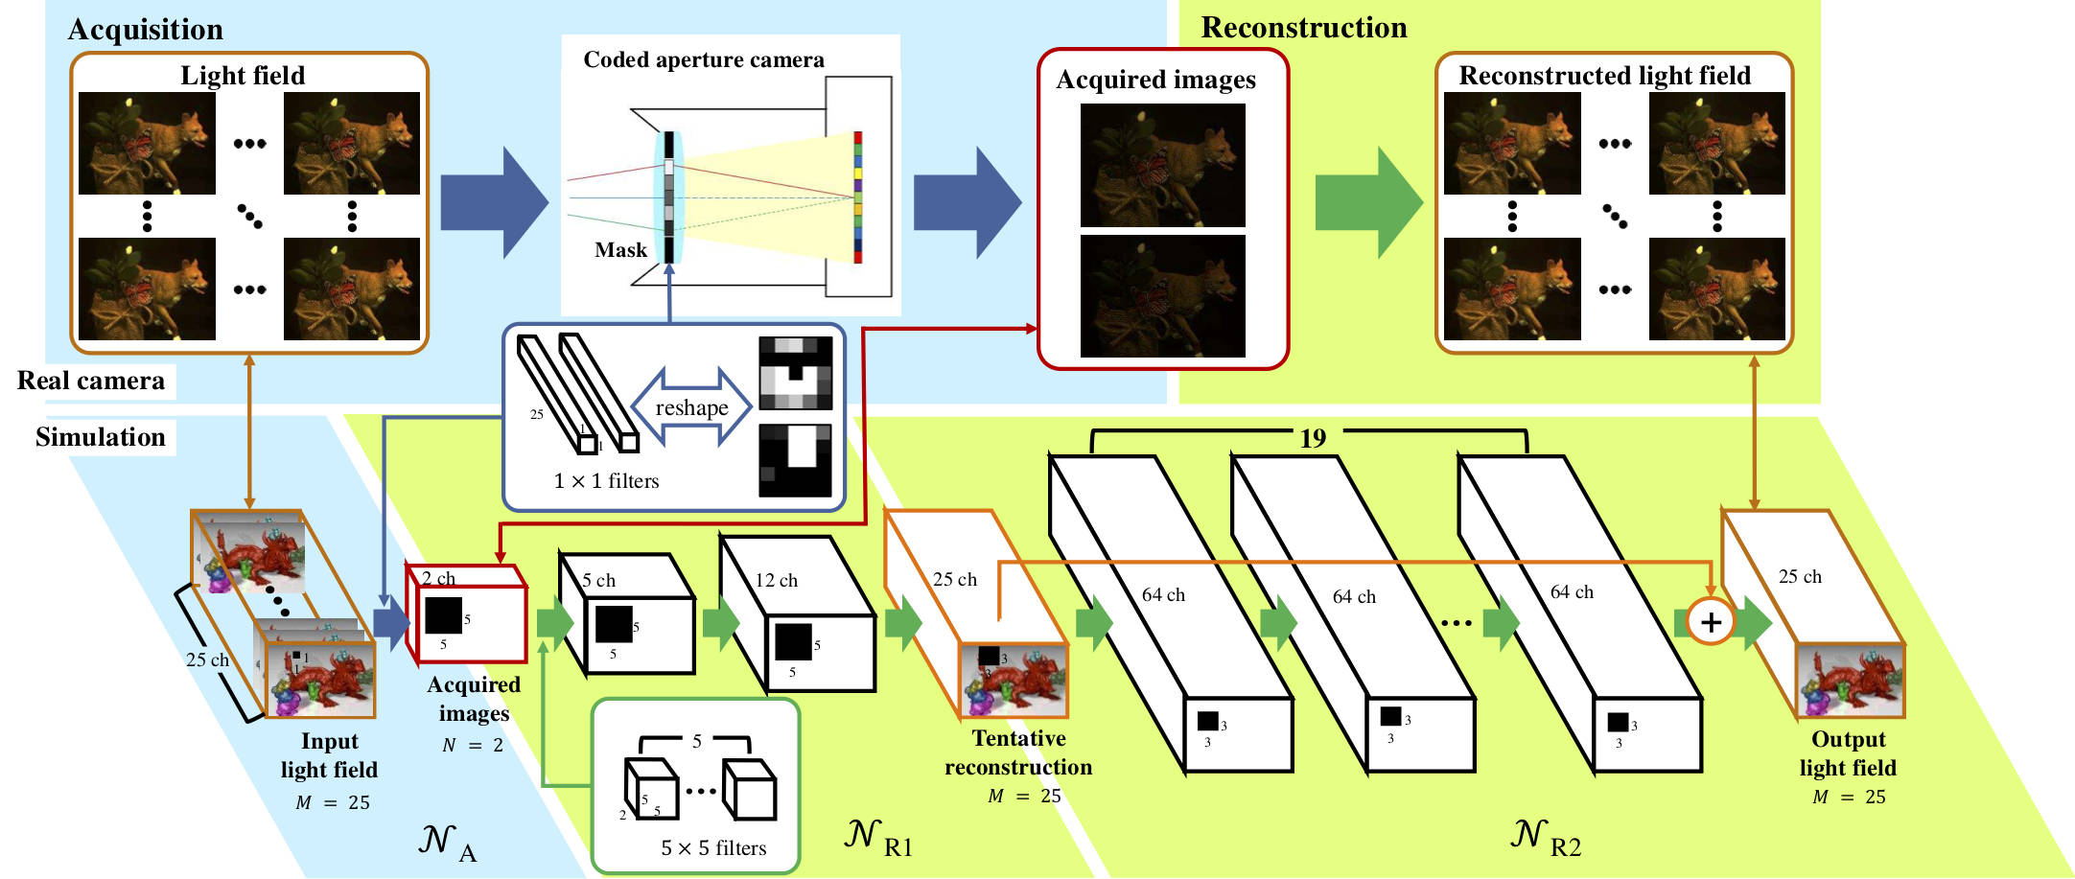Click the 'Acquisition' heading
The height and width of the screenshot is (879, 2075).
[145, 30]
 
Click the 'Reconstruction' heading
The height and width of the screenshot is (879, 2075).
[1303, 28]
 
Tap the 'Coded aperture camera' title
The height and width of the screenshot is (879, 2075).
[703, 60]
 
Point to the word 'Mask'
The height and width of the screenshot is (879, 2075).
[620, 250]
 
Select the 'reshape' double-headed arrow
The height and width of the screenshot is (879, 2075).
[691, 407]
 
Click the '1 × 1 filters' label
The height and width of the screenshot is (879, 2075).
[606, 481]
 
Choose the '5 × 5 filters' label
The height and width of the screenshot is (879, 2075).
[713, 848]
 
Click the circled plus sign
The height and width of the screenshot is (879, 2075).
[1711, 622]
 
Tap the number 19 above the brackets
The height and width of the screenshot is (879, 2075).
[1312, 439]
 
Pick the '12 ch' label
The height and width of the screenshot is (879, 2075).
[776, 581]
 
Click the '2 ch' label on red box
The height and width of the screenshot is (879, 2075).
[438, 579]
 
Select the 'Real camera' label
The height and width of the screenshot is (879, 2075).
[91, 382]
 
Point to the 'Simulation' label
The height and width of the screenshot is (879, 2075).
[101, 438]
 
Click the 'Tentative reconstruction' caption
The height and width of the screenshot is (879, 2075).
[1018, 752]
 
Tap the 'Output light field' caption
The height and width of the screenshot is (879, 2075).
[1848, 753]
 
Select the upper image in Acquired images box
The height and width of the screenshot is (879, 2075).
[1162, 165]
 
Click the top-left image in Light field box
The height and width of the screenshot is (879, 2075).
[147, 144]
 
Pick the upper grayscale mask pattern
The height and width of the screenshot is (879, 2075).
[795, 373]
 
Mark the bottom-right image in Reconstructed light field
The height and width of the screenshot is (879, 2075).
[1716, 289]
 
